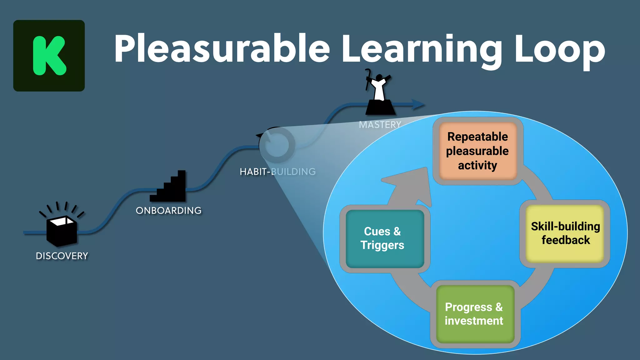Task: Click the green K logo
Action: pos(49,56)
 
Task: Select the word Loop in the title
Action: pos(559,50)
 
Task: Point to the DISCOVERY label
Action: pos(62,256)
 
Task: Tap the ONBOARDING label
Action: pos(169,211)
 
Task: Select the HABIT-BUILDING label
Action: pos(277,172)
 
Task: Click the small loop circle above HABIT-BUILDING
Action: pos(277,145)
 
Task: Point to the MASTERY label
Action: pos(380,125)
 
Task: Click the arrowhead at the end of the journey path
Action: pos(418,105)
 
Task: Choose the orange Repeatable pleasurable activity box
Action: pos(477,151)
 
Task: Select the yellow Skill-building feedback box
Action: pos(565,233)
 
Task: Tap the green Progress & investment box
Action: pos(474,314)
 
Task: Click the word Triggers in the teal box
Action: pos(382,245)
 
